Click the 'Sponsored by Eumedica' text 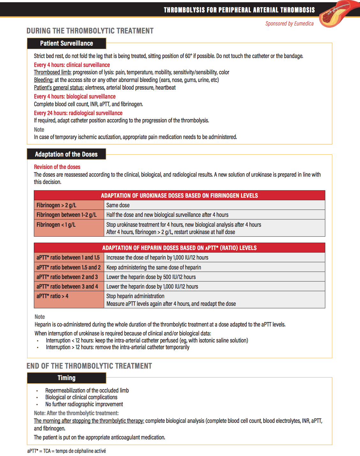pyautogui.click(x=289, y=24)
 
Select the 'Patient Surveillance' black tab pyautogui.click(x=66, y=43)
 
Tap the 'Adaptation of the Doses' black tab pyautogui.click(x=66, y=154)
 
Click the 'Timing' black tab pyautogui.click(x=66, y=378)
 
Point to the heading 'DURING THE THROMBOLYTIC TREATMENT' pyautogui.click(x=90, y=31)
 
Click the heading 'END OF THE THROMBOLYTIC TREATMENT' pyautogui.click(x=89, y=366)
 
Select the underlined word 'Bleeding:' pyautogui.click(x=44, y=80)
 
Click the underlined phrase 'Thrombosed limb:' pyautogui.click(x=53, y=72)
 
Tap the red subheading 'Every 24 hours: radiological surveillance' pyautogui.click(x=78, y=113)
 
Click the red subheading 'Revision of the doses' pyautogui.click(x=57, y=167)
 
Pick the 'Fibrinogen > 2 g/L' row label pyautogui.click(x=56, y=205)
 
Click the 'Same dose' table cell pyautogui.click(x=118, y=205)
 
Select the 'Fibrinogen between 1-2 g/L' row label pyautogui.click(x=66, y=215)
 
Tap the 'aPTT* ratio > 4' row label pyautogui.click(x=52, y=296)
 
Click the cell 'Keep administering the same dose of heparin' pyautogui.click(x=154, y=268)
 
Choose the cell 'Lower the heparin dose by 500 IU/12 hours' pyautogui.click(x=151, y=277)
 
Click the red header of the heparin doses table pyautogui.click(x=179, y=248)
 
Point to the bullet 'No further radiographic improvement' pyautogui.click(x=84, y=404)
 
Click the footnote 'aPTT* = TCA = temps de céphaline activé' pyautogui.click(x=66, y=451)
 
